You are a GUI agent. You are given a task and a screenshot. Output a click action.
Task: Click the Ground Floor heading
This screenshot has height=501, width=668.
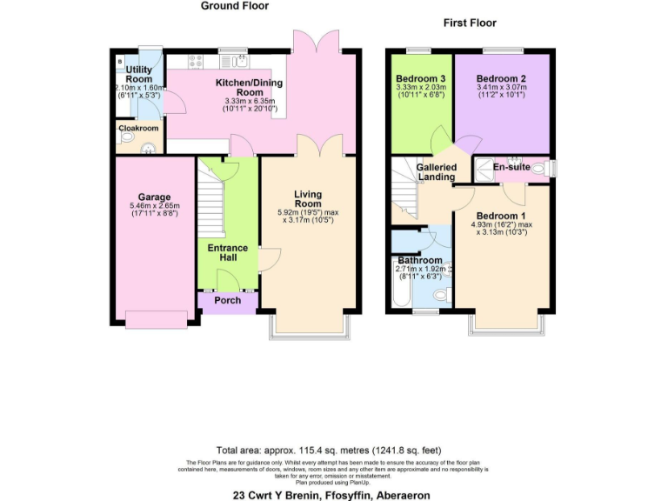235,6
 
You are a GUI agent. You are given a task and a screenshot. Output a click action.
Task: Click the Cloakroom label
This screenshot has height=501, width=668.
138,128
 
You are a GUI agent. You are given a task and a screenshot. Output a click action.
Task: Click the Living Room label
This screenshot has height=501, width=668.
308,198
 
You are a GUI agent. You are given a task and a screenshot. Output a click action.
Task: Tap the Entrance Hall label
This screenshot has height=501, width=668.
227,253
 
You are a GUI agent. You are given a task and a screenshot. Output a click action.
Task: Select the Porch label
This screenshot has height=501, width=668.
227,301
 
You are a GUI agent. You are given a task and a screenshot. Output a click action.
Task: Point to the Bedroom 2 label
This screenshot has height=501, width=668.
502,77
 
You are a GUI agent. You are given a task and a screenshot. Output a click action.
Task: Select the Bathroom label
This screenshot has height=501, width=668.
419,260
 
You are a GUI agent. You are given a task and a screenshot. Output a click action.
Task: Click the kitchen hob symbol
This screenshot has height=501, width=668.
195,61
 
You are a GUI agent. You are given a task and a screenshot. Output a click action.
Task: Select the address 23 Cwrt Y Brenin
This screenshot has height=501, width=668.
331,494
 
